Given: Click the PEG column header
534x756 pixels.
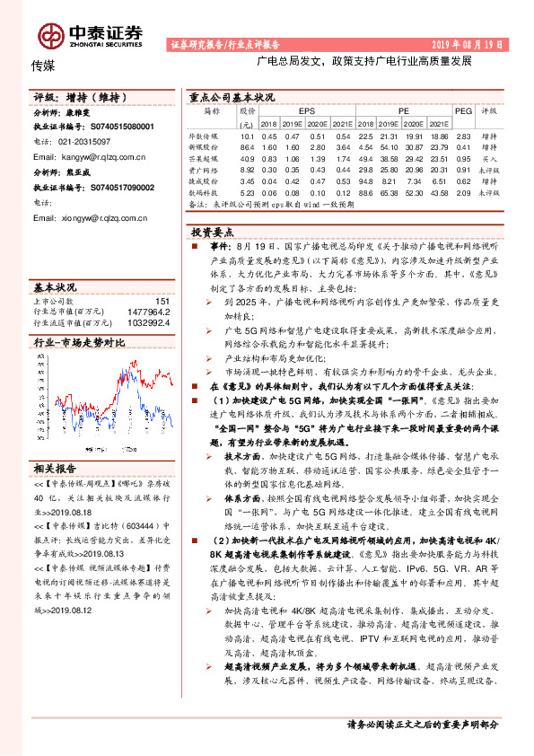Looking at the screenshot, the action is point(463,110).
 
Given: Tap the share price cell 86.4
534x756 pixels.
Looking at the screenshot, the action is point(248,145).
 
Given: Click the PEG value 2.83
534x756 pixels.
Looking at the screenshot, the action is point(463,135).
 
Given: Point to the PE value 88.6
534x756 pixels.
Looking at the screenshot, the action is point(365,192).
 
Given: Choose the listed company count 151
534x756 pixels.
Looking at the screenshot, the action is point(162,301).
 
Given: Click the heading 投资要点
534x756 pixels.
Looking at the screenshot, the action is point(213,230).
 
